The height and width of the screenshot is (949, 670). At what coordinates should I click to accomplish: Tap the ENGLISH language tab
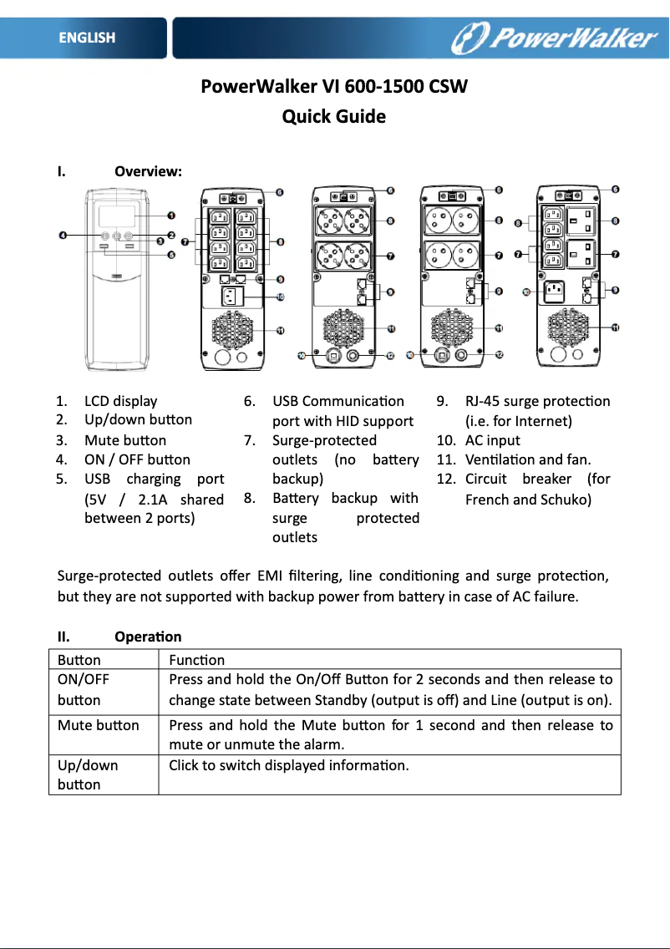87,38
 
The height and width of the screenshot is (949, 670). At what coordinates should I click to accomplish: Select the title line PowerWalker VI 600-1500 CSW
334,87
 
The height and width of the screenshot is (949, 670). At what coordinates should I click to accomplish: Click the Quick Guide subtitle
334,116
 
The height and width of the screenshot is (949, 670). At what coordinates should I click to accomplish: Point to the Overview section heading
148,172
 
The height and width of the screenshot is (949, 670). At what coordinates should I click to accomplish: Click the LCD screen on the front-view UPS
118,216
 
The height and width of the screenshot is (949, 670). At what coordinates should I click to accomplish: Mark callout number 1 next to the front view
170,216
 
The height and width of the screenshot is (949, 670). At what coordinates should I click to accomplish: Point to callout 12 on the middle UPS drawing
390,355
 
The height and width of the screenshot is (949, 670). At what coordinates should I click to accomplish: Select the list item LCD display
120,401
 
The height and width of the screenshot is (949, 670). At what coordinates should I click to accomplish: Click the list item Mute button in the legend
124,440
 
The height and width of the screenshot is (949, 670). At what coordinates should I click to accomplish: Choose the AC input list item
492,440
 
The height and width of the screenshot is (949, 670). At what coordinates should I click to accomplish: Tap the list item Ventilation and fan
527,459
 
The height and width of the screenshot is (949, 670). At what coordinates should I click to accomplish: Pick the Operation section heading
148,637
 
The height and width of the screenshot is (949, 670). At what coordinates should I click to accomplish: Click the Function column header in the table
196,660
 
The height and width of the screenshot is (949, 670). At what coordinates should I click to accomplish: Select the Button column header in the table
79,660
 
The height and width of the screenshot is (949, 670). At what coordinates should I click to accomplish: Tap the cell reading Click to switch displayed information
289,765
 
